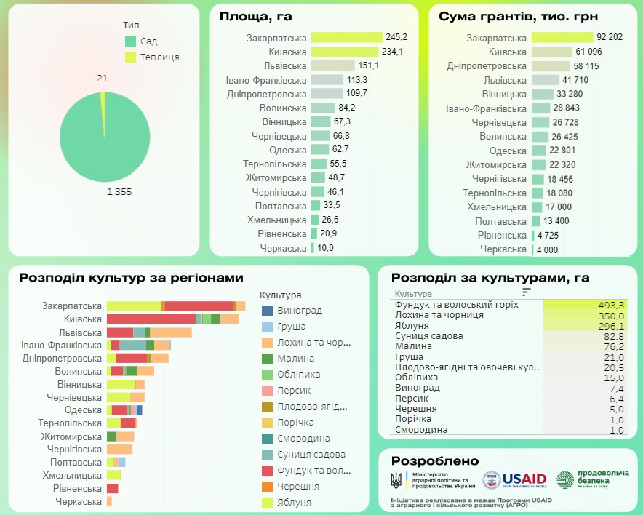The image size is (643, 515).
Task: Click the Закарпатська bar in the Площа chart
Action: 346,37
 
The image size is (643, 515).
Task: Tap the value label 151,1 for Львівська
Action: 368,65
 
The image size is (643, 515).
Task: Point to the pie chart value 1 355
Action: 119,191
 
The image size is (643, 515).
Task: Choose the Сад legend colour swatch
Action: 130,41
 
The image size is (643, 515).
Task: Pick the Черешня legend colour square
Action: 268,487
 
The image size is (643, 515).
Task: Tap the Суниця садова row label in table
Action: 428,336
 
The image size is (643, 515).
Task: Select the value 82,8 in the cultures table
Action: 613,336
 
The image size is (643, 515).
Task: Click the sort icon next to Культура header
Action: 527,292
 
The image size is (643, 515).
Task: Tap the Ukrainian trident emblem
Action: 396,480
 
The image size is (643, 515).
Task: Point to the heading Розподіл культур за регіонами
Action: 131,278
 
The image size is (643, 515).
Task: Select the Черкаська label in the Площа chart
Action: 283,248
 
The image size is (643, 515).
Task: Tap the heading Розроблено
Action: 435,461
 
